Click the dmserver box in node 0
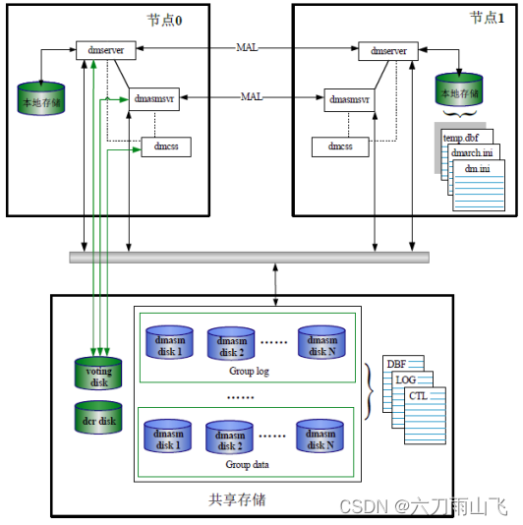pyautogui.click(x=105, y=50)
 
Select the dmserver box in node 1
pyautogui.click(x=387, y=50)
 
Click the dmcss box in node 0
pyautogui.click(x=165, y=147)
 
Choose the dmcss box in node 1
pyautogui.click(x=339, y=147)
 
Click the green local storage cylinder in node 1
pyautogui.click(x=460, y=91)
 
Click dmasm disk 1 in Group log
pyautogui.click(x=169, y=344)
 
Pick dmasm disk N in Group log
pyautogui.click(x=321, y=344)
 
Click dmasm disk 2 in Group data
pyautogui.click(x=230, y=438)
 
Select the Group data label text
pyautogui.click(x=246, y=464)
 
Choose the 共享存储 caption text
pyautogui.click(x=238, y=500)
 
